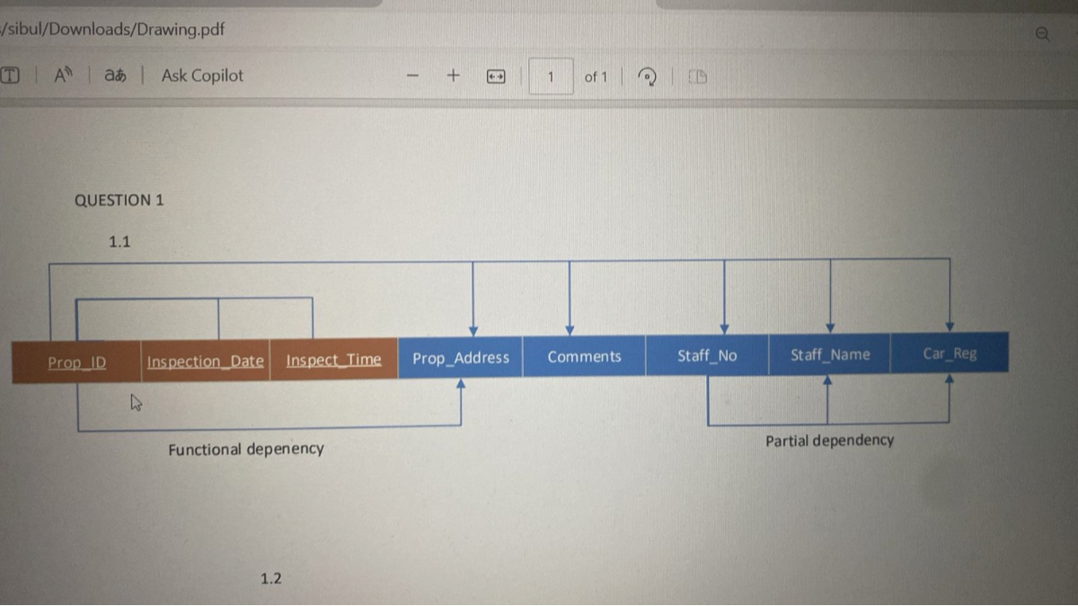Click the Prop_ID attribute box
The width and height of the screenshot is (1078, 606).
click(76, 362)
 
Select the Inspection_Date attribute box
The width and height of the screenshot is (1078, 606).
click(206, 360)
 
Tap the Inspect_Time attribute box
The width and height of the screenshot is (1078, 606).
click(334, 359)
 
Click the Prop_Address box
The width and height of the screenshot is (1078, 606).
click(461, 357)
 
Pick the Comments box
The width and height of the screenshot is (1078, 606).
click(584, 356)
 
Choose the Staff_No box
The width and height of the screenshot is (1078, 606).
click(707, 356)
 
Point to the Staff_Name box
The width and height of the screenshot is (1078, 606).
click(830, 355)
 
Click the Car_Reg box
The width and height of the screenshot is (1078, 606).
click(950, 353)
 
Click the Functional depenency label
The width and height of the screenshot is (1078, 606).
click(246, 449)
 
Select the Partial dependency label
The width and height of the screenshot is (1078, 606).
click(830, 441)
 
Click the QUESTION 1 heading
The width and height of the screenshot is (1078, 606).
click(119, 200)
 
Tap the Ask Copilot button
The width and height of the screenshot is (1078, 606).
click(202, 75)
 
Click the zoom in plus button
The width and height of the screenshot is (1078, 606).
click(454, 75)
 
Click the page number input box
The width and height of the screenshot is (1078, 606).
click(551, 76)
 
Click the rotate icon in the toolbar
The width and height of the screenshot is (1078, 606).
click(647, 76)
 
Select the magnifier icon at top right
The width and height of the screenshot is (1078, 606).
click(1043, 34)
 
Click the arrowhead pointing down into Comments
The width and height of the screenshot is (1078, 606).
click(570, 330)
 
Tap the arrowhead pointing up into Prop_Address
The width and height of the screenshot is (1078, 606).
click(461, 383)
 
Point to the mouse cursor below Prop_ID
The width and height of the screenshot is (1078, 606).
click(137, 402)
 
